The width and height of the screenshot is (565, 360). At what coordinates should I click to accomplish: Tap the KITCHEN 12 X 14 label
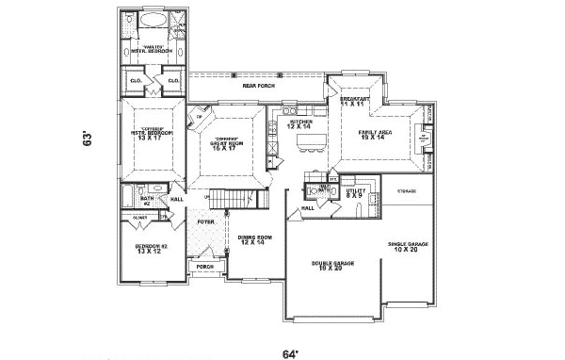(x=301, y=124)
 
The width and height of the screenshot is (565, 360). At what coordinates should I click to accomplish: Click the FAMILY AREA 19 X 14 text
(x=377, y=135)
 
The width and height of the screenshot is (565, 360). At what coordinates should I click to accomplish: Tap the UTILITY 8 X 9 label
(x=355, y=193)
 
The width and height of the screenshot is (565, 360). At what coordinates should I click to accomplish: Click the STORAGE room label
(x=406, y=191)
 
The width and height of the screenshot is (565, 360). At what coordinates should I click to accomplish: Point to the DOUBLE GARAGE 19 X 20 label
(x=333, y=266)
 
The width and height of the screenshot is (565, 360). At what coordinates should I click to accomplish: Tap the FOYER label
(x=206, y=221)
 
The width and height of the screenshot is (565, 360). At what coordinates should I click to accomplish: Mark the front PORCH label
(x=205, y=267)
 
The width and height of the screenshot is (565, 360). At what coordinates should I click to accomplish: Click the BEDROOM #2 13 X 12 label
(x=151, y=248)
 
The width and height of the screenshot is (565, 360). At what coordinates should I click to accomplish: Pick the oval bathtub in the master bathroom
(x=154, y=20)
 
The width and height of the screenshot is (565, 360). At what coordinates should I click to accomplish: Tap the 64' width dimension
(x=291, y=353)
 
